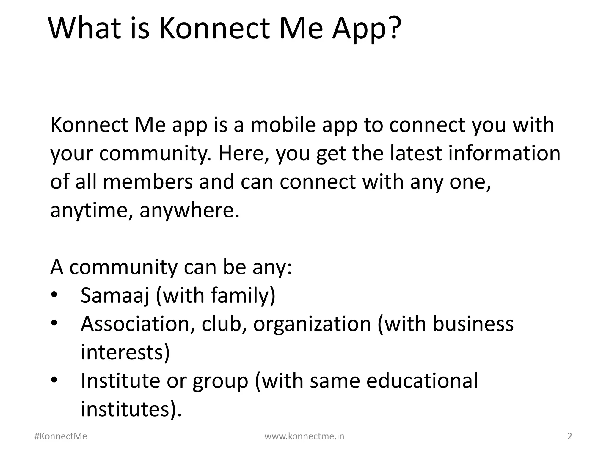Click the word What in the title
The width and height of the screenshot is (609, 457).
(85, 28)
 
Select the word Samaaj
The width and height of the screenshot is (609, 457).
(115, 295)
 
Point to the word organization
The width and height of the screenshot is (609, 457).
(312, 324)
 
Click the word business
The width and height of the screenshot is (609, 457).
(473, 323)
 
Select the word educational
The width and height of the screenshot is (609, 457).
(422, 381)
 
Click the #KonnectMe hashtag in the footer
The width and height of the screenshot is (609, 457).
(61, 436)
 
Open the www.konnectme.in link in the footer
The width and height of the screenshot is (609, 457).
(304, 436)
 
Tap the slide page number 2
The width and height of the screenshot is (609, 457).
(570, 436)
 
